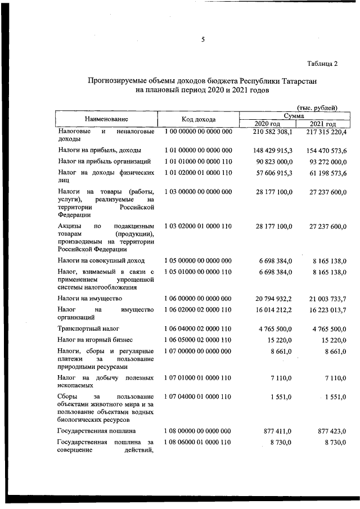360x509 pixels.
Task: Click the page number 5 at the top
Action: (202, 39)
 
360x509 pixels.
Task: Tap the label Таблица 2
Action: (322, 63)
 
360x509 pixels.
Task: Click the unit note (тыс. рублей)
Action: (317, 107)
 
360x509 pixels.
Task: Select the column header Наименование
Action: (106, 119)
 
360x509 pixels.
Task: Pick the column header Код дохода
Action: (198, 119)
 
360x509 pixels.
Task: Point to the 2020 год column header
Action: (267, 124)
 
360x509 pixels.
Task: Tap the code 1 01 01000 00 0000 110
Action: (198, 161)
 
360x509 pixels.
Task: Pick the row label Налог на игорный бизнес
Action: (94, 340)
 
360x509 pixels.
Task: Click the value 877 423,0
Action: (331, 431)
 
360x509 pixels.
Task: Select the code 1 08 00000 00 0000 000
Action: (198, 431)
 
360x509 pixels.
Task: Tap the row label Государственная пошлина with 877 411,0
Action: (96, 431)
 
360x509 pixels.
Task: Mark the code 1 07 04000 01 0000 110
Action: (198, 396)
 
